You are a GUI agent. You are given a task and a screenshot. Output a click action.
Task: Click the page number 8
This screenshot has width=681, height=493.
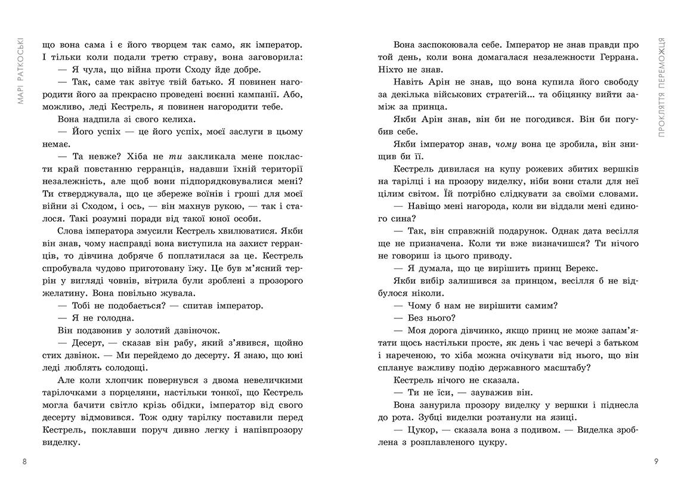[x=24, y=461]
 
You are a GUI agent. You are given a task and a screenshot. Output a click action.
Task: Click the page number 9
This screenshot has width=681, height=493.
[x=656, y=461]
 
